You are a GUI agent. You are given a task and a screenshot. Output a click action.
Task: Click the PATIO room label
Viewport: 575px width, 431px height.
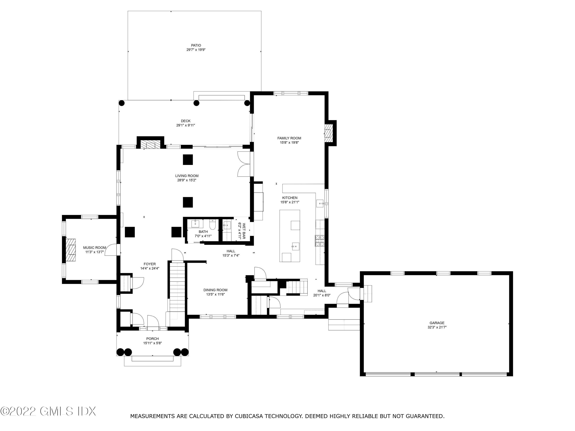pos(196,45)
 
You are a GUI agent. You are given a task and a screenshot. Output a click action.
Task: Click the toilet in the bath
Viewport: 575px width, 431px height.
pos(213,225)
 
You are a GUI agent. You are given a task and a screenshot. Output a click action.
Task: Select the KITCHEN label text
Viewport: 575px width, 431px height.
pos(290,198)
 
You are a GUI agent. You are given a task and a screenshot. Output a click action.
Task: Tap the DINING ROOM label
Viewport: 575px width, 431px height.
pos(215,290)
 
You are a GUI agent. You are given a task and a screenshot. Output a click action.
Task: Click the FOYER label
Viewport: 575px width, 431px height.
pos(149,264)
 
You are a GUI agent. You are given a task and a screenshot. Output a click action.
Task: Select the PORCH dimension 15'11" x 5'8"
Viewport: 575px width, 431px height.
pos(152,343)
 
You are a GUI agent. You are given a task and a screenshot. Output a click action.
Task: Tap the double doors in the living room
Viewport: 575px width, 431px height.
pos(244,164)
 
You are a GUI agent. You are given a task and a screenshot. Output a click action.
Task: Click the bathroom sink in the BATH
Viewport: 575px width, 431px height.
pos(195,223)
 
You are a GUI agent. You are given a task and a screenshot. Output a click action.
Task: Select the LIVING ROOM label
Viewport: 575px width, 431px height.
pos(187,176)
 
